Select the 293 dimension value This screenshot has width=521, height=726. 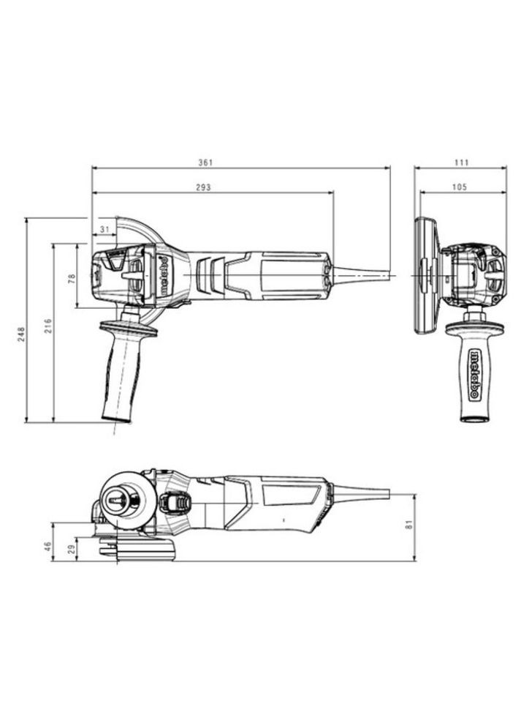(x=203, y=188)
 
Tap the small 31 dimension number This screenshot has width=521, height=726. (x=104, y=230)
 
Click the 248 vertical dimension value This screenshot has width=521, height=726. (x=21, y=334)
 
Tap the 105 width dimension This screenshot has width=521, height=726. (x=459, y=188)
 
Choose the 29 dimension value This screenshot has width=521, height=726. (x=71, y=550)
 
